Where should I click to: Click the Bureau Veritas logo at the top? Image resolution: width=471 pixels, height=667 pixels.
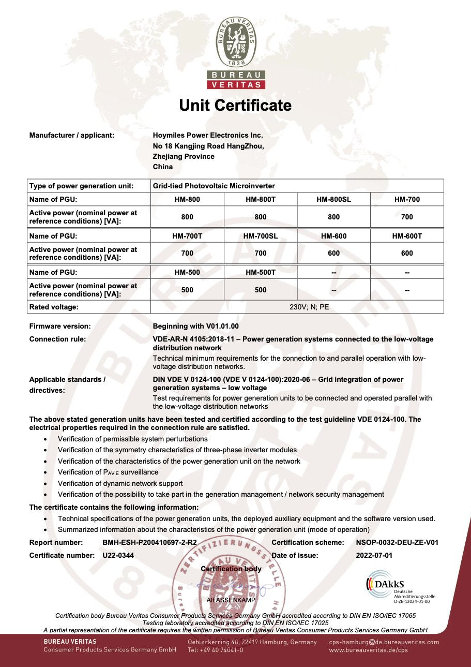tap(236, 52)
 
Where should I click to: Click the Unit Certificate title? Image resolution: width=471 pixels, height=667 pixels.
tap(235, 106)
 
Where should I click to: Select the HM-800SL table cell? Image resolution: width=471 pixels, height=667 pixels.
tap(333, 199)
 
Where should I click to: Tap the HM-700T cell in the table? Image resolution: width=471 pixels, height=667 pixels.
tap(187, 236)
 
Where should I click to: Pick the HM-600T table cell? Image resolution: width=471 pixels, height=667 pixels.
tap(407, 236)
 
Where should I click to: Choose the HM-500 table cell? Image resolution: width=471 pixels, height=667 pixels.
tap(187, 272)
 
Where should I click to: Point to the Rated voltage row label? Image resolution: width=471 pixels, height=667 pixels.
tap(54, 307)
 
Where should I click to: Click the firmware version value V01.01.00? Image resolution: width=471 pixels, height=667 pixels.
tap(196, 326)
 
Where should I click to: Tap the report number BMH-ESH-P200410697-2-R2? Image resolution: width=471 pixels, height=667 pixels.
tap(150, 542)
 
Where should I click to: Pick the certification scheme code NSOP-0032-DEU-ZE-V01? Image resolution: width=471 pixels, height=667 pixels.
tap(397, 542)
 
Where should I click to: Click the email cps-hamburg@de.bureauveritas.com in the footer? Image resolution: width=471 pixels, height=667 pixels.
tap(384, 642)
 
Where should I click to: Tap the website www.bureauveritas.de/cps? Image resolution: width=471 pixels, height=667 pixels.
tap(368, 650)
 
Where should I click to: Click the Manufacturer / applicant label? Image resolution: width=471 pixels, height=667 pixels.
tap(71, 135)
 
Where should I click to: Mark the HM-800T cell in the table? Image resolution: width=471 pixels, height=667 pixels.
tap(261, 199)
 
